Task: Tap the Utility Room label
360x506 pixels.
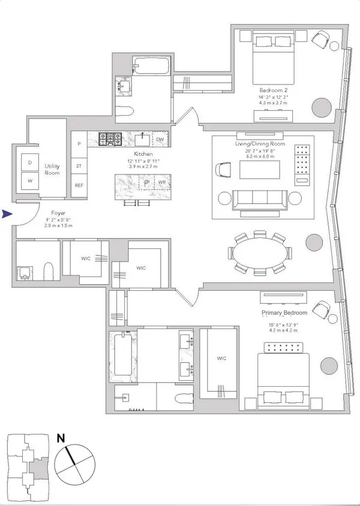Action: point(52,168)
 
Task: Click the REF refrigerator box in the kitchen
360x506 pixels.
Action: point(79,185)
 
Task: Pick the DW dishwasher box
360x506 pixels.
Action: point(160,140)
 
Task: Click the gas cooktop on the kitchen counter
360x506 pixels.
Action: point(110,140)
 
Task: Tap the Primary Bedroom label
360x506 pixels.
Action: point(284,314)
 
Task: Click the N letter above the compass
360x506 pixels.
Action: point(61,438)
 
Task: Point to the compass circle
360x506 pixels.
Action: point(74,466)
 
